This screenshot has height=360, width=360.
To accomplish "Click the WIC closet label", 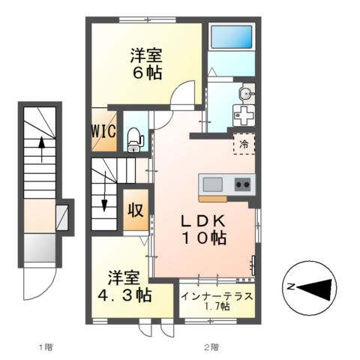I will tap(103, 130).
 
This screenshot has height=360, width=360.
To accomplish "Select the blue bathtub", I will tap(232, 37).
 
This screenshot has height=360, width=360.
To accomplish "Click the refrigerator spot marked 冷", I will tap(244, 142).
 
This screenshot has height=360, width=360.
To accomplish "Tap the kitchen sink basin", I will tap(211, 184).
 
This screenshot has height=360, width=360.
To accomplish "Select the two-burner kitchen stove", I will tap(241, 184).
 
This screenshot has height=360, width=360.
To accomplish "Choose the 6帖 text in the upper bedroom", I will tap(146, 73).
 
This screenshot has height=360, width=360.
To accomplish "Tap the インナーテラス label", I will tap(217, 295).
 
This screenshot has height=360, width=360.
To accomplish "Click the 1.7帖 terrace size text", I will tap(217, 307).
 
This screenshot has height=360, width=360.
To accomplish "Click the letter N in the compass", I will tap(289, 286).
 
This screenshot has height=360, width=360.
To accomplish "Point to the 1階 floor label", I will tap(46, 346).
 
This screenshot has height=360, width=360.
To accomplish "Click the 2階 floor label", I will tap(211, 346).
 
